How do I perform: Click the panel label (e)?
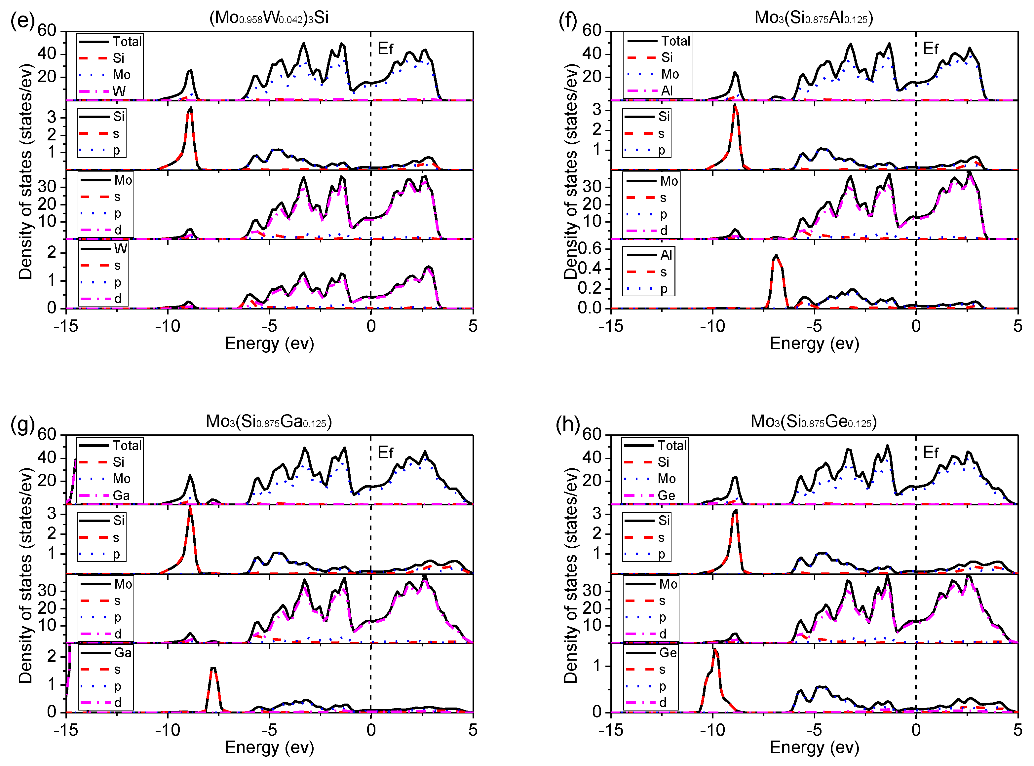(22, 21)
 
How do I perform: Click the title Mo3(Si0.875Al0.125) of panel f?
(813, 18)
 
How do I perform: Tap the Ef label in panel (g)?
(385, 452)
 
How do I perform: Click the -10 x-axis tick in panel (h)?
(712, 730)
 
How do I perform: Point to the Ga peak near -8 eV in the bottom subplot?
(213, 669)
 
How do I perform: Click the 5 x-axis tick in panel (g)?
(472, 730)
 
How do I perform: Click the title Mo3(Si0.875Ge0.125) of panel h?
(813, 421)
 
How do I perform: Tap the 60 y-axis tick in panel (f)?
(592, 31)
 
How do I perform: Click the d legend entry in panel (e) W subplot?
(118, 299)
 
